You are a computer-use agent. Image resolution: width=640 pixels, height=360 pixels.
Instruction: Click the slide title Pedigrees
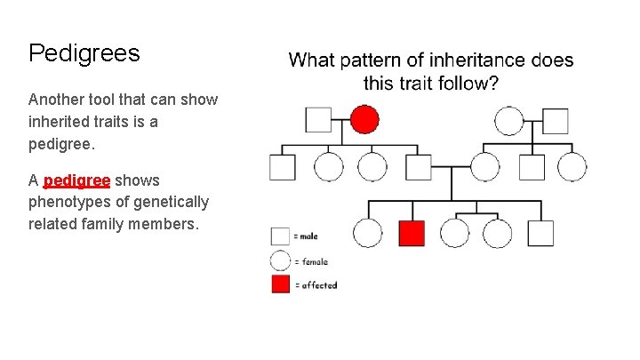click(x=84, y=53)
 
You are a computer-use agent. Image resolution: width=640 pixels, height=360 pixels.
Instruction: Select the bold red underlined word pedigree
click(x=76, y=180)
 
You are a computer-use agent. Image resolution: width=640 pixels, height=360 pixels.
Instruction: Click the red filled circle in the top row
click(x=364, y=119)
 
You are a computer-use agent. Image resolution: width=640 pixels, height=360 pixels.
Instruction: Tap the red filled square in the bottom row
click(x=412, y=233)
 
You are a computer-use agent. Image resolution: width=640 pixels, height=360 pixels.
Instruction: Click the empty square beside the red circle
click(x=318, y=120)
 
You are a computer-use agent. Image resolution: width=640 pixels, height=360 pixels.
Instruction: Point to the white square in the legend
click(x=281, y=236)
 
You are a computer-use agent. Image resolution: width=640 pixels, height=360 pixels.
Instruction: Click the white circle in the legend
click(x=281, y=260)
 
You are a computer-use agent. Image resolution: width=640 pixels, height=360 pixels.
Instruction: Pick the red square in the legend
click(x=281, y=284)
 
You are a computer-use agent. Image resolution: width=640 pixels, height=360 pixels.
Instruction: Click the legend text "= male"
click(x=308, y=236)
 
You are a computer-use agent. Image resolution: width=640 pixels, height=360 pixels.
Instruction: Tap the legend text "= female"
click(x=312, y=261)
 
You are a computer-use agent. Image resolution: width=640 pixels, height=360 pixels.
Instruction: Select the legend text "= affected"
click(x=317, y=285)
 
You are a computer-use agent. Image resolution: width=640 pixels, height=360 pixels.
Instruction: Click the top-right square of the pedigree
click(x=556, y=120)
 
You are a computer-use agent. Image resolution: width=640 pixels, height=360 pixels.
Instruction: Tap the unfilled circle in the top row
click(x=509, y=120)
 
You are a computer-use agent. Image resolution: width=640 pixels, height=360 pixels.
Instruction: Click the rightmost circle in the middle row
click(x=572, y=166)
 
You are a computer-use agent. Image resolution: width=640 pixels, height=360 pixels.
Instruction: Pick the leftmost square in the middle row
click(x=283, y=166)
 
